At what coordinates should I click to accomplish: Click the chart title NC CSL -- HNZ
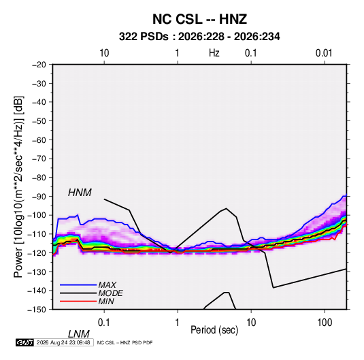pos(199,19)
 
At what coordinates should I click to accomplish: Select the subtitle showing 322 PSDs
pos(199,37)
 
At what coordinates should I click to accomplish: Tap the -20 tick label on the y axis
pos(39,65)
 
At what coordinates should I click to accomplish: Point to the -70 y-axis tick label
pos(39,159)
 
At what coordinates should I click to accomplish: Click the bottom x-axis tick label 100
pos(325,323)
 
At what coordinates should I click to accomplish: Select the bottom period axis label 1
pos(178,323)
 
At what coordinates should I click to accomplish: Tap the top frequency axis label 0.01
pos(324,53)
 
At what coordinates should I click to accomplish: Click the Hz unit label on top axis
pos(214,53)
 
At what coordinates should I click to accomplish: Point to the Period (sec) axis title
pos(214,330)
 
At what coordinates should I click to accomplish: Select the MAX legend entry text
pos(107,284)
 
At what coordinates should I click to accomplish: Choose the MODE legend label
pos(110,293)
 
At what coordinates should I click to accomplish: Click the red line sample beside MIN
pos(78,301)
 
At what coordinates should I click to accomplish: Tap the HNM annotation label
pos(80,193)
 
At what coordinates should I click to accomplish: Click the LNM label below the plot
pos(78,334)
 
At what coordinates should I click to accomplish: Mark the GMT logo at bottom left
pos(24,342)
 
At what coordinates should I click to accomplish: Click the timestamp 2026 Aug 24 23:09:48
pos(63,342)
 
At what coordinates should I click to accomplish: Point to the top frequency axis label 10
pos(104,53)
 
